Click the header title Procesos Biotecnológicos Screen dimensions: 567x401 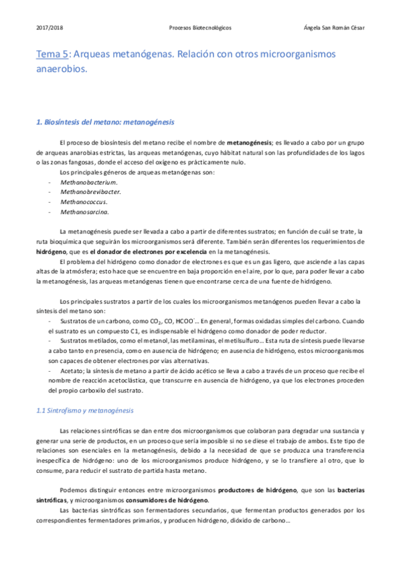click(x=200, y=28)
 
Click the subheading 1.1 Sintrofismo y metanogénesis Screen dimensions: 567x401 click(x=85, y=410)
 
